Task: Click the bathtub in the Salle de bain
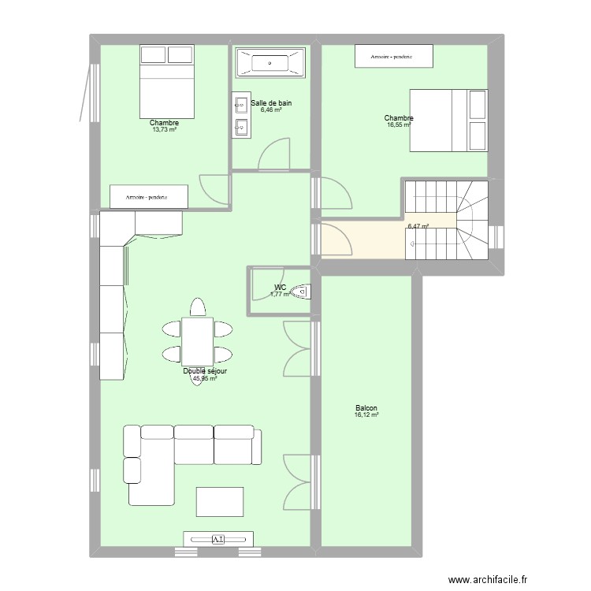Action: coord(269,63)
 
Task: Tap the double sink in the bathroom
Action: coord(240,115)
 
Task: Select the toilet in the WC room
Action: coord(301,292)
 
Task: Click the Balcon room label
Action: coord(366,408)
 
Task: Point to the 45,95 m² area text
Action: coord(205,378)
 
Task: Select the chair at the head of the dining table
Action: coord(197,307)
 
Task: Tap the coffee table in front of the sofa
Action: coord(220,501)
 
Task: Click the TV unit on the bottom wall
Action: coord(218,539)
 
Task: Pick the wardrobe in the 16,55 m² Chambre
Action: coord(394,56)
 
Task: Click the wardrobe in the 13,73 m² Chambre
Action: coord(148,195)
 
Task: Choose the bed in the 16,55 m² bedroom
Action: coord(448,119)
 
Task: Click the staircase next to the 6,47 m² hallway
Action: coord(446,220)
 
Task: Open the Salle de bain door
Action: coord(276,154)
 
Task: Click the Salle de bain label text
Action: coord(271,102)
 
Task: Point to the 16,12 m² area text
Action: coord(366,415)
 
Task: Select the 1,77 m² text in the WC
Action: coord(280,295)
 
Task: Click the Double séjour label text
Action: coord(205,371)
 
